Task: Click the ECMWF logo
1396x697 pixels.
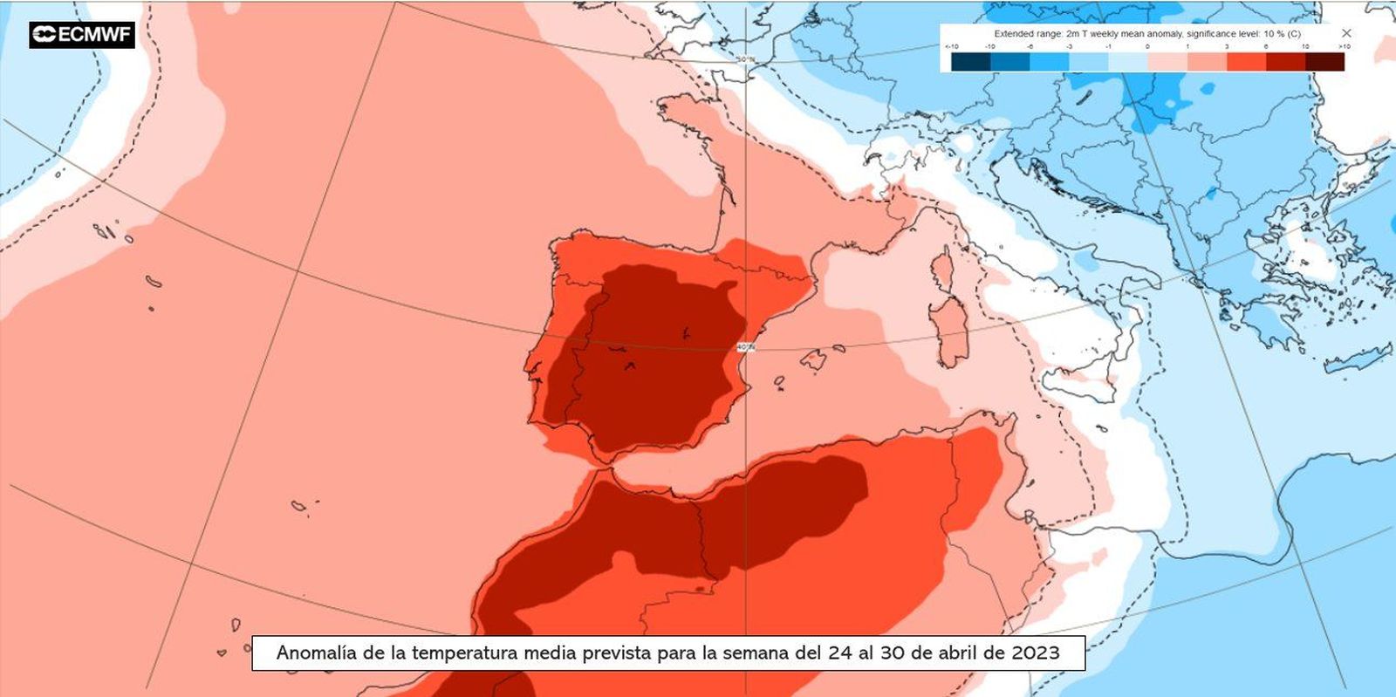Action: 81,34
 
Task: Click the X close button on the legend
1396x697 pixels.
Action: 1346,33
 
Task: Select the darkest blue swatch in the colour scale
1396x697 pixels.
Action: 970,62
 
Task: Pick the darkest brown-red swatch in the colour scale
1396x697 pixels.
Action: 1324,62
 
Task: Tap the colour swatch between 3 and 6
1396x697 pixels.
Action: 1246,62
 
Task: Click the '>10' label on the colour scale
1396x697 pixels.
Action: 1345,46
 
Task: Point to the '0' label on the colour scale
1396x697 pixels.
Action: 1147,46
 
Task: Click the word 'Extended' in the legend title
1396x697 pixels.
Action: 1014,34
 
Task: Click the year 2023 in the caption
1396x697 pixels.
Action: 1036,653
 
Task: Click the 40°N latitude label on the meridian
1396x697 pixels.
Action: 745,347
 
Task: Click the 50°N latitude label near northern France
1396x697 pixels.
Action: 744,59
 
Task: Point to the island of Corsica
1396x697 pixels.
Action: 943,267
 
